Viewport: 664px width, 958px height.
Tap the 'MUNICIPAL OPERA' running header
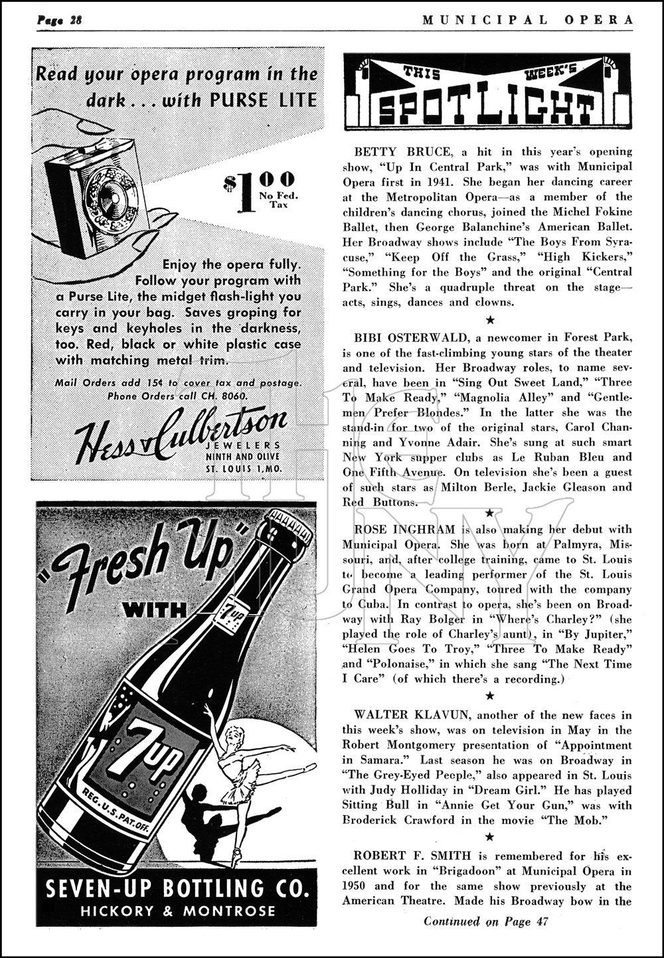[527, 19]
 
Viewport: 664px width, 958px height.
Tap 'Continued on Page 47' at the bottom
[486, 921]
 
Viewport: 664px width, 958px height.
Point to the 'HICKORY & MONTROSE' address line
[177, 911]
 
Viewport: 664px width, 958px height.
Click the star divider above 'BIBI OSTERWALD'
[490, 320]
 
